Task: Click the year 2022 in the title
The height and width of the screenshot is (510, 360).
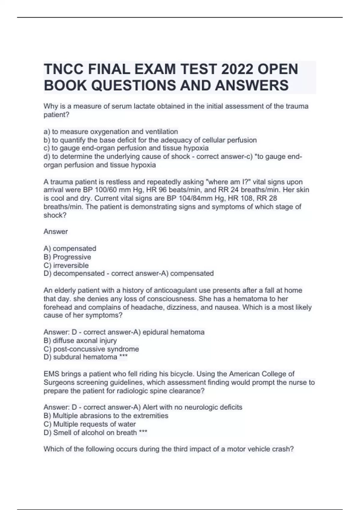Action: [236, 69]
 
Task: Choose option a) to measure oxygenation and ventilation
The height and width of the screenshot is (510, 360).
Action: [111, 132]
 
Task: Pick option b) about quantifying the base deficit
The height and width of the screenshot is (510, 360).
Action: [150, 140]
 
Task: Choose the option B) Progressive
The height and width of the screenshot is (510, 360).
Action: [67, 257]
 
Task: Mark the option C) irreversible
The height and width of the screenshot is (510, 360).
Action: [66, 265]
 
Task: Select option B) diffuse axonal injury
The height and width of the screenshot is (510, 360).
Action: [80, 341]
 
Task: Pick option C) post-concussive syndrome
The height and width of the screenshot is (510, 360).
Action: [91, 349]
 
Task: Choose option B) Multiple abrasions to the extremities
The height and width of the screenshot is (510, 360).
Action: [106, 416]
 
